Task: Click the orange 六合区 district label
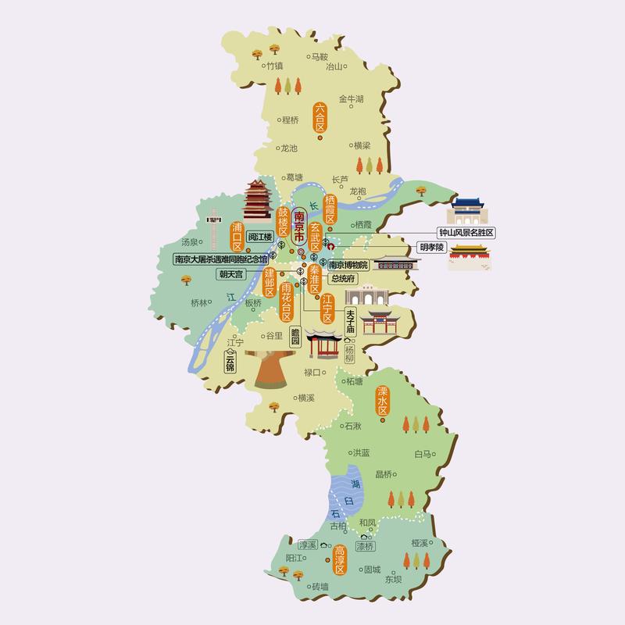click(x=320, y=118)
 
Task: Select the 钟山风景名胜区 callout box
click(x=466, y=233)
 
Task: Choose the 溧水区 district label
click(x=383, y=400)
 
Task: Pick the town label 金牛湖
click(x=351, y=99)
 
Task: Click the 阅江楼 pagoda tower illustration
click(x=257, y=201)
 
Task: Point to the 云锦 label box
click(x=230, y=362)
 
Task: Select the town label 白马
click(x=423, y=453)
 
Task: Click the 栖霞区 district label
click(x=330, y=209)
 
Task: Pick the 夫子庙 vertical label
click(x=350, y=322)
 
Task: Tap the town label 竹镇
click(x=274, y=66)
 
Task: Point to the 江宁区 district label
click(x=327, y=308)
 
